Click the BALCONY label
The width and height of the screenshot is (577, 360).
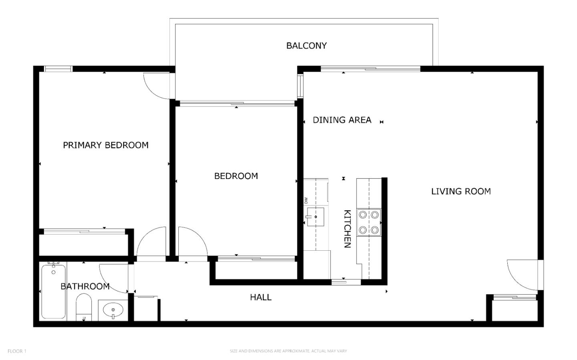(x=306, y=46)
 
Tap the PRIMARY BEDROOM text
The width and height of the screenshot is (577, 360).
(x=106, y=145)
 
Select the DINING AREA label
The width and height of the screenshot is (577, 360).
(x=342, y=120)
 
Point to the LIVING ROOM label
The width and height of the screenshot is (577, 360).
(x=461, y=191)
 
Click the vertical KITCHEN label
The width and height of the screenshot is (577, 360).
(x=347, y=229)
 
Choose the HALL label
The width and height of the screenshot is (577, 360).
(x=260, y=297)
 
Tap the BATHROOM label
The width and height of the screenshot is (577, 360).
(x=85, y=286)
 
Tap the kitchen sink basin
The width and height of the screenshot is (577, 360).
(x=315, y=217)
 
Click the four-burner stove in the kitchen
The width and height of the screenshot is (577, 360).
(x=369, y=222)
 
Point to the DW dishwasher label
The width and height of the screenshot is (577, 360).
(x=306, y=200)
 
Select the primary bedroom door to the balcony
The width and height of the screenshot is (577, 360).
(x=158, y=85)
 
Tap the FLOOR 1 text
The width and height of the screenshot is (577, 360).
(x=17, y=351)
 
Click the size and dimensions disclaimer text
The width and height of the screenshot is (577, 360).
(x=288, y=351)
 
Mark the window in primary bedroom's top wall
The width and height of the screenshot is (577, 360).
(x=58, y=69)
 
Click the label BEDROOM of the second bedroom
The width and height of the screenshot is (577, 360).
(x=236, y=176)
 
